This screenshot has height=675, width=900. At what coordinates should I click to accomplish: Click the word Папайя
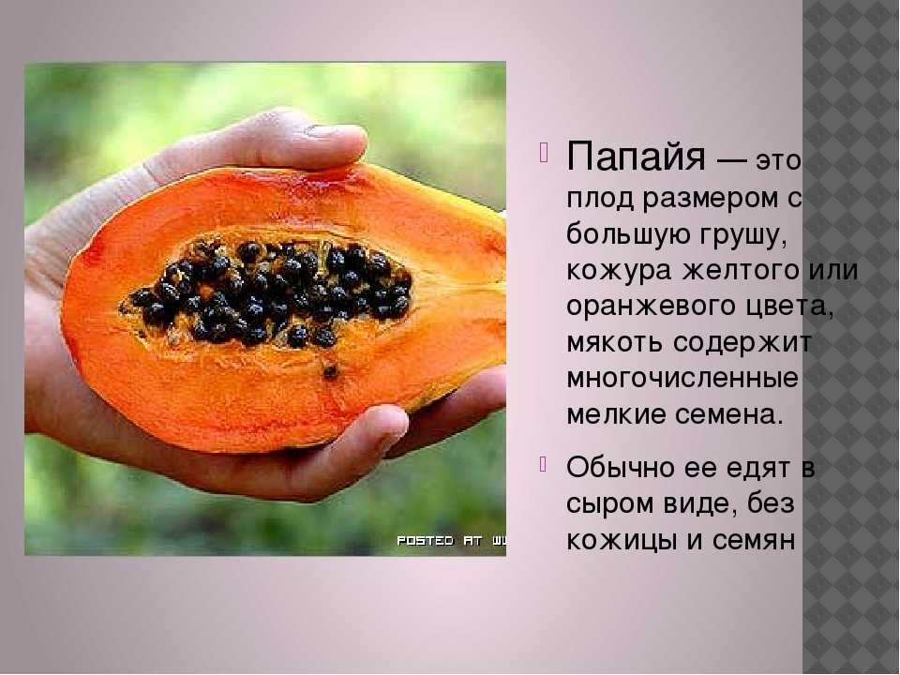click(635, 157)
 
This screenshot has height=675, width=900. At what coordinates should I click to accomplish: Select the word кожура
click(619, 272)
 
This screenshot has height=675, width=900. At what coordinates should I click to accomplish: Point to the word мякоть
click(615, 343)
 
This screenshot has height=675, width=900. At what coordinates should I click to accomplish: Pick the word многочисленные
click(682, 379)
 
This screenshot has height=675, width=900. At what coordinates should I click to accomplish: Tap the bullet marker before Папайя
click(544, 152)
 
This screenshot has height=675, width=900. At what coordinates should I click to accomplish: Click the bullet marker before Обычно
click(544, 463)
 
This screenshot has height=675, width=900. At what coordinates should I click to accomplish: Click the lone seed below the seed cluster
click(331, 372)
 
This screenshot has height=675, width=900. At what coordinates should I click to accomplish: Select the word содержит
click(742, 343)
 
